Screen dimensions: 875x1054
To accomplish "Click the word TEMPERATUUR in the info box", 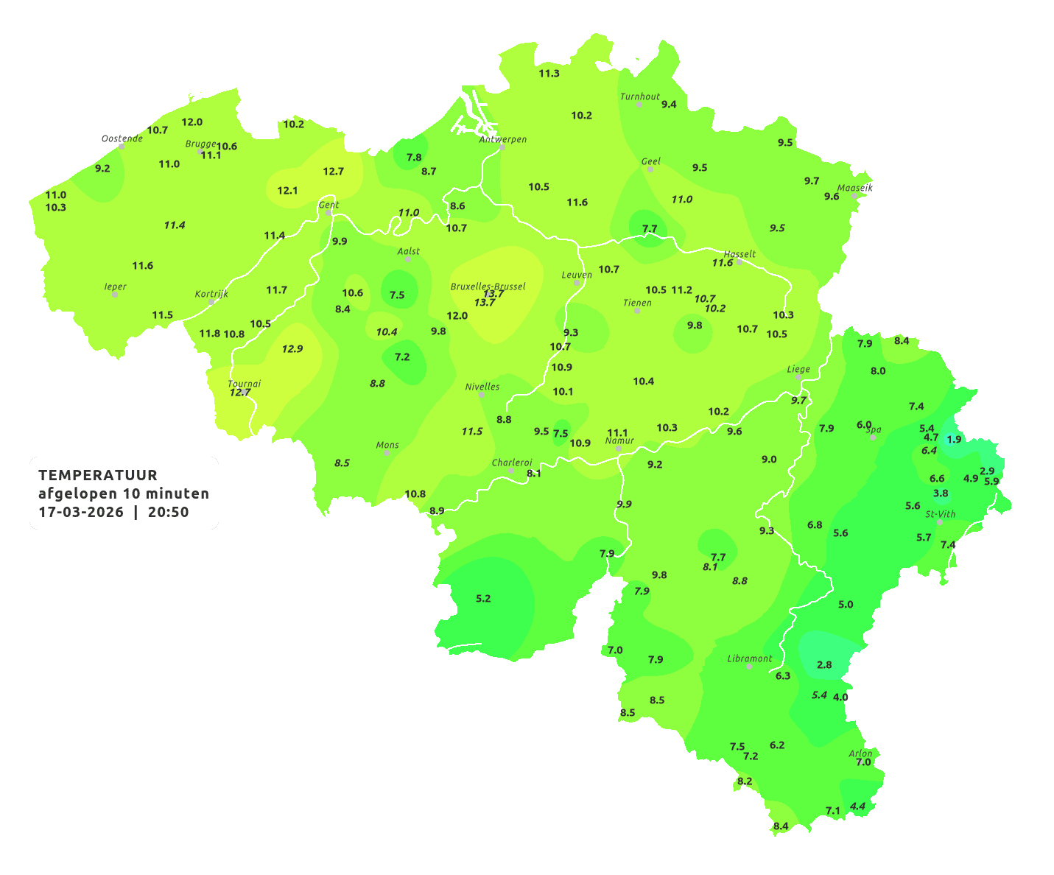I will point(98,475).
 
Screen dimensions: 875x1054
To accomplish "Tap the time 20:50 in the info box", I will point(168,513).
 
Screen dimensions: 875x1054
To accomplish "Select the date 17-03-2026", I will point(81,513).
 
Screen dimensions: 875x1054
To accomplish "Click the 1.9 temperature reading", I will point(954,439).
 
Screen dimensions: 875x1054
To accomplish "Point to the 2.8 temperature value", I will point(824,665).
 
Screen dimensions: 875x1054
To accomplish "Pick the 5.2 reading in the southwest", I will point(483,599).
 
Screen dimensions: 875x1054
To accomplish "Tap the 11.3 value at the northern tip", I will point(549,74).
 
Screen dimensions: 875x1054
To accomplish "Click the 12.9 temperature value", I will point(292,349).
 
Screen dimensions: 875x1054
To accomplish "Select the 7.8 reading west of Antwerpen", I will point(414,158).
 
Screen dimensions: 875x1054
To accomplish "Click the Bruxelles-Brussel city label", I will point(488,287).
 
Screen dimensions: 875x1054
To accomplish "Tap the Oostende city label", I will point(122,138).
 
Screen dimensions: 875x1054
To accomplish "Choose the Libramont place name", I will point(749,658).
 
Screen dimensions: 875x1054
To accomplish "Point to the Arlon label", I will point(860,753).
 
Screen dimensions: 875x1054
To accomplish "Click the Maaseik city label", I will point(854,188).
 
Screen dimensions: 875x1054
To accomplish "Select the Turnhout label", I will point(639,96).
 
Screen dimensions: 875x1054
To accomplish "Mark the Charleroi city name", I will point(511,463).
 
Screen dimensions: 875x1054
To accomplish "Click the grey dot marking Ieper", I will point(115,295).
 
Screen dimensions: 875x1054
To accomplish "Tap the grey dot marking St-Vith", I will point(940,522).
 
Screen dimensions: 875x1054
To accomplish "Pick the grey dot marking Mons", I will point(387,453).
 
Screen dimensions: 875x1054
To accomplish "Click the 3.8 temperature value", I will point(941,493).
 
